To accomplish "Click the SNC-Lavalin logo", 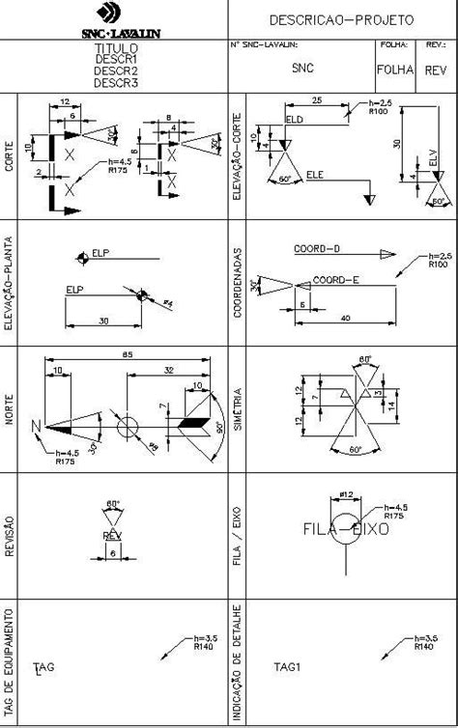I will tap(113, 19).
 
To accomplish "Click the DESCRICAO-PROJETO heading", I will tap(341, 19).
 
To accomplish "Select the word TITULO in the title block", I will tap(116, 47).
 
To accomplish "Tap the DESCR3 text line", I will tap(116, 83).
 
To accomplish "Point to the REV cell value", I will tap(436, 70).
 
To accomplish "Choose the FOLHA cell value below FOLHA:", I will tap(395, 70).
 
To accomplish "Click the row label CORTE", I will tap(9, 157).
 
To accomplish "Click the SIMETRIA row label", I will tap(238, 411).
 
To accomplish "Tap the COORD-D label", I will tap(318, 249).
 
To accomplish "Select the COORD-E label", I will tap(335, 280).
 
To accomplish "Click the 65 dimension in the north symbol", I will tap(127, 355).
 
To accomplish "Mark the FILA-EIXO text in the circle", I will tap(345, 529).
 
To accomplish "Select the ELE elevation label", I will tap(315, 175).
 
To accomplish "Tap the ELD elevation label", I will tap(295, 119).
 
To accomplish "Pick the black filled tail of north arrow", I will tap(194, 423).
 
